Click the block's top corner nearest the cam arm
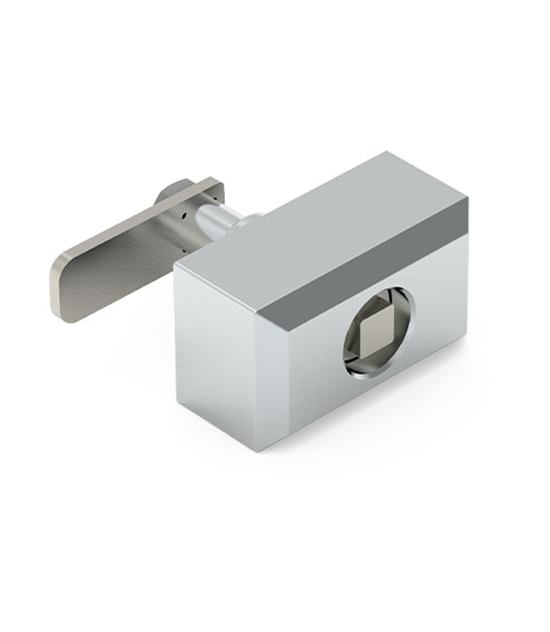[176, 268]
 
